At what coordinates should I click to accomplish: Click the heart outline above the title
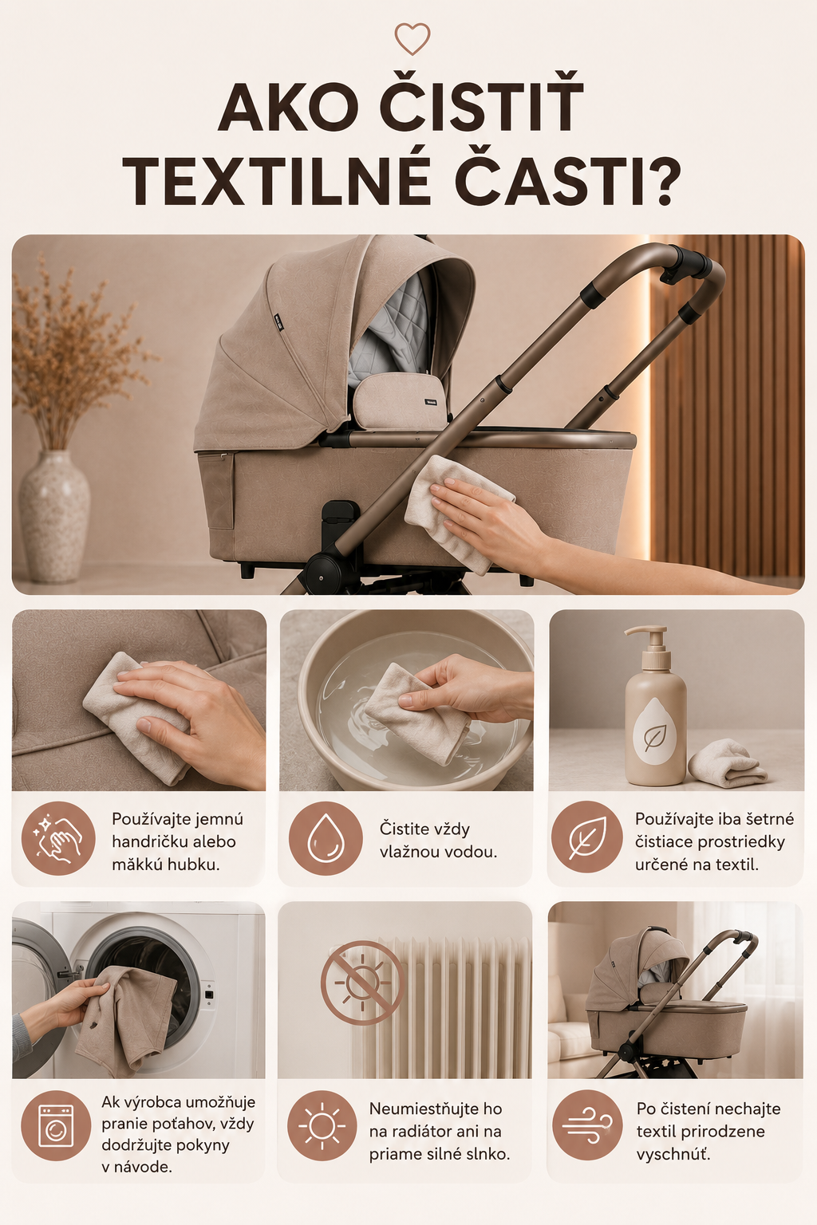coord(412,38)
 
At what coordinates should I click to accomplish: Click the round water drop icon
coord(326,838)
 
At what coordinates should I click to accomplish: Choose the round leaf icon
coord(586,837)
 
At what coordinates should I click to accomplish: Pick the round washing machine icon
coord(56,1126)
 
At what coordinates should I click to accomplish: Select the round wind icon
coord(588,1125)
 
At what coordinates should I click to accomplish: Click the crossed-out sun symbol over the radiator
coord(361,983)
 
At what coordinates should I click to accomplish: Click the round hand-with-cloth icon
coord(58,838)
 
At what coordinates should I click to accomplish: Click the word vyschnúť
coord(673,1155)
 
